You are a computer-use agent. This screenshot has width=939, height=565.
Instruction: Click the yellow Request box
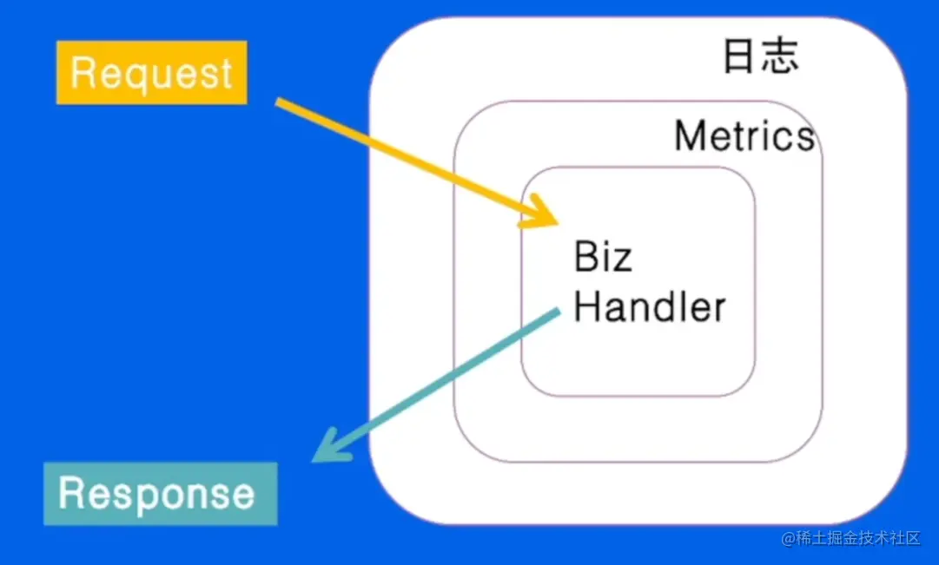[151, 72]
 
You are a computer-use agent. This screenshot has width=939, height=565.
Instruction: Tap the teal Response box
[161, 494]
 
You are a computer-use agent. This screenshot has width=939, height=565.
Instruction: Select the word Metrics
[744, 135]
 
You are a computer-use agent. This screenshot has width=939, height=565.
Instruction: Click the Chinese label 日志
[761, 56]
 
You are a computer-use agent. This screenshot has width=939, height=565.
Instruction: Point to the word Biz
[603, 256]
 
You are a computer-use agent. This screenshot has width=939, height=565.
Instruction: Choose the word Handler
[650, 306]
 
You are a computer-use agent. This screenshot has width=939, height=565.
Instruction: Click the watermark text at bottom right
[851, 538]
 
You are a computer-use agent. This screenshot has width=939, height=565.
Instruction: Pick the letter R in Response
[70, 493]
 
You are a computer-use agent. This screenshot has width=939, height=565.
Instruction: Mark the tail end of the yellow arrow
[277, 102]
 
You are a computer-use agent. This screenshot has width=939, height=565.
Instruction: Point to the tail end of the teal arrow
[559, 311]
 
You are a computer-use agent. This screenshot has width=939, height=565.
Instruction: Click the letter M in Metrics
[689, 135]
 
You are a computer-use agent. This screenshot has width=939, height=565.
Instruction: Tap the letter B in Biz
[585, 256]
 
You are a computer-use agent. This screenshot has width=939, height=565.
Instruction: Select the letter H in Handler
[586, 306]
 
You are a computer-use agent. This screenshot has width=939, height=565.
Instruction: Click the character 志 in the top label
[781, 56]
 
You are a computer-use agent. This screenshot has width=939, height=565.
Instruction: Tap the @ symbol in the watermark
[788, 539]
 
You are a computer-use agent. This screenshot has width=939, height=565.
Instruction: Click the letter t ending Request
[227, 74]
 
